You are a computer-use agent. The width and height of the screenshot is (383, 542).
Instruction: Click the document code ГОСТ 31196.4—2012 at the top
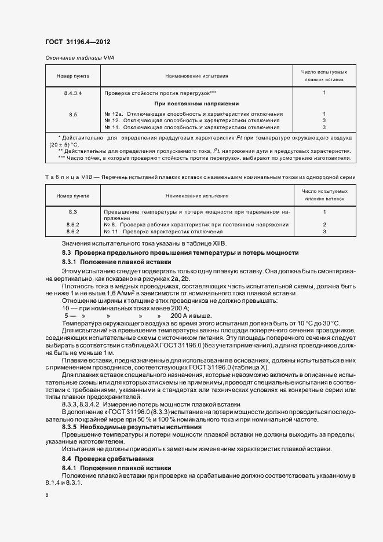pyautogui.click(x=77, y=42)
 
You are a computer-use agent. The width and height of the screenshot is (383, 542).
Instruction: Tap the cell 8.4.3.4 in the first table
pyautogui.click(x=73, y=93)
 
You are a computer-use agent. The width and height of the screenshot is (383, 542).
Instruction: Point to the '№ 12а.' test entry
pyautogui.click(x=114, y=114)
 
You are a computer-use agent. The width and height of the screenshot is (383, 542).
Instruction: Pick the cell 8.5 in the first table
pyautogui.click(x=73, y=114)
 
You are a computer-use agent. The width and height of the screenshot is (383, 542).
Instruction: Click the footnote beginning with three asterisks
pyautogui.click(x=205, y=158)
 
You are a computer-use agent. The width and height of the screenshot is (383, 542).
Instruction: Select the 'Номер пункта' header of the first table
pyautogui.click(x=73, y=76)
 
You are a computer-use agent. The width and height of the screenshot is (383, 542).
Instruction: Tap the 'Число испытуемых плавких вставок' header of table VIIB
pyautogui.click(x=324, y=194)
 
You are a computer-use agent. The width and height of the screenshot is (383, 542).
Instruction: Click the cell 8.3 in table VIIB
pyautogui.click(x=73, y=213)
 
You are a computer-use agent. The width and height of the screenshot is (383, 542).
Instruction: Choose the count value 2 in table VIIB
pyautogui.click(x=324, y=224)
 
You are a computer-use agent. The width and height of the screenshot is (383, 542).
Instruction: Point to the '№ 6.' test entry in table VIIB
pyautogui.click(x=111, y=224)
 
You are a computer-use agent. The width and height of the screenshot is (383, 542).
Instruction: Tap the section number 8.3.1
pyautogui.click(x=70, y=262)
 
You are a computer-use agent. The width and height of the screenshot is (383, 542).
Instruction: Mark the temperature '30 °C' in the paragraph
pyautogui.click(x=328, y=322)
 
